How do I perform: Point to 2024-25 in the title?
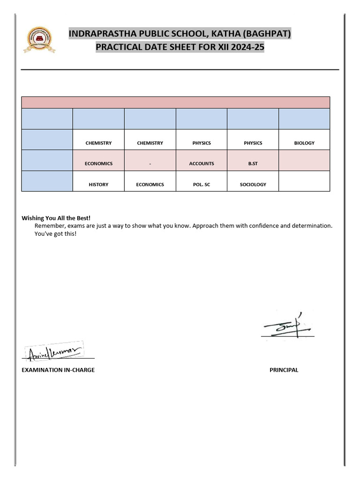[246, 47]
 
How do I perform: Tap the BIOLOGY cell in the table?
[304, 143]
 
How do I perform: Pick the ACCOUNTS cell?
[202, 164]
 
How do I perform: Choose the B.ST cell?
[253, 164]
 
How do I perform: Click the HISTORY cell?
[98, 185]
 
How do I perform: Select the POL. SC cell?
[202, 185]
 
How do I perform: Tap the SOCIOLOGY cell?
[253, 185]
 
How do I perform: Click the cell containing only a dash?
[150, 164]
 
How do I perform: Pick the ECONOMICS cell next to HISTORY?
[150, 185]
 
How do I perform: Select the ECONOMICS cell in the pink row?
[98, 164]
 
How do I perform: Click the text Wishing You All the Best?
[56, 218]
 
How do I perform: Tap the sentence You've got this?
[55, 233]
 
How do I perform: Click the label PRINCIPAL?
[284, 370]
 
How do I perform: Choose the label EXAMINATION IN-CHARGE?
[58, 370]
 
